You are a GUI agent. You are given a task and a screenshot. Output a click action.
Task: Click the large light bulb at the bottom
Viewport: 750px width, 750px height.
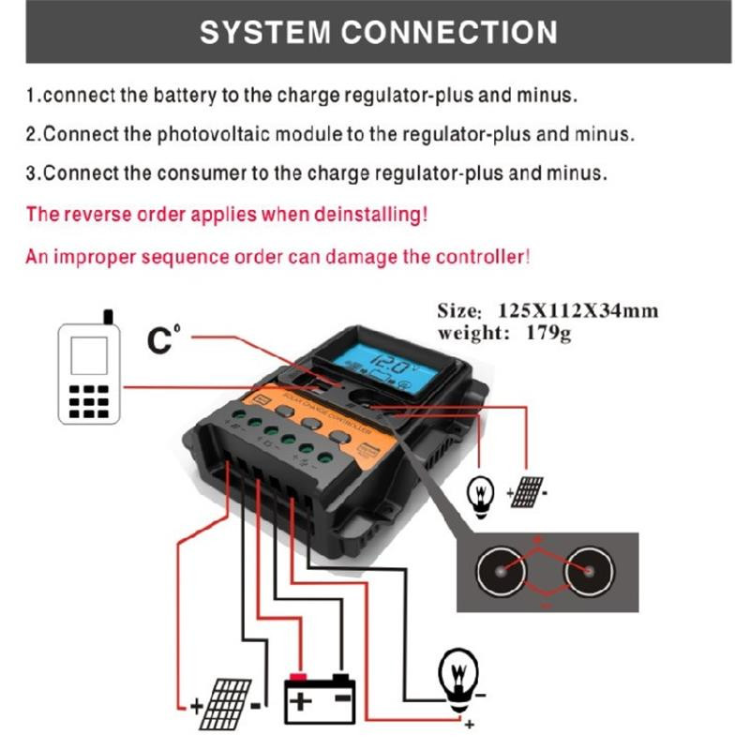(x=458, y=678)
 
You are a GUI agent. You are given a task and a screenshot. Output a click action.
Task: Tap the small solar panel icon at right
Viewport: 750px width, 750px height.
(x=529, y=491)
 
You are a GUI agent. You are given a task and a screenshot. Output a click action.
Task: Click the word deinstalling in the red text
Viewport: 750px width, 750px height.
(x=367, y=214)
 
